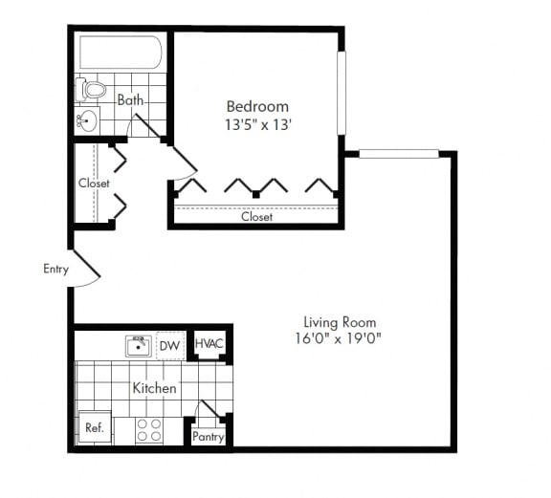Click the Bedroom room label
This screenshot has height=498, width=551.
[x=257, y=105]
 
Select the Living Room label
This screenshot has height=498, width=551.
[x=340, y=322]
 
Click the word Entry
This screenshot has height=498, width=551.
[x=55, y=269]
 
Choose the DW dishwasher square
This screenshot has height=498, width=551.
[x=170, y=345]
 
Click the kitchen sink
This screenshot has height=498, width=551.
[x=140, y=345]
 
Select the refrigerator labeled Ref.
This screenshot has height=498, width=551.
[x=94, y=428]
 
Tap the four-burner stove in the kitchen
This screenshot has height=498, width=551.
[x=148, y=430]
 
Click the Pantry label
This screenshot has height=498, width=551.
[x=208, y=437]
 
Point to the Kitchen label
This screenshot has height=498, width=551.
[x=154, y=389]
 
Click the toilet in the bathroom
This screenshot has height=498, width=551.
[x=93, y=90]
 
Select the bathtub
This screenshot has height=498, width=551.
[x=121, y=53]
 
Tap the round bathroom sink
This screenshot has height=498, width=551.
[x=87, y=120]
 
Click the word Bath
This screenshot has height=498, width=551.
[x=130, y=99]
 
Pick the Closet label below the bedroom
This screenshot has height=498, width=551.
[x=256, y=217]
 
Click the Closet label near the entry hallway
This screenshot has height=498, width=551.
[x=94, y=183]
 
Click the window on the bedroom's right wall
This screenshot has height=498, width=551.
[x=342, y=93]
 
